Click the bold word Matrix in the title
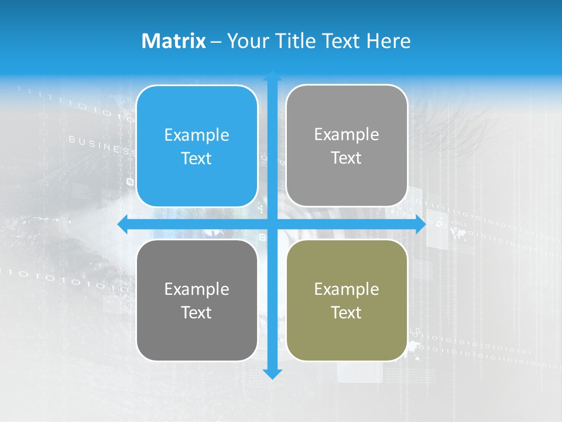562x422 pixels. (173, 41)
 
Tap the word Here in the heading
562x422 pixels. (389, 41)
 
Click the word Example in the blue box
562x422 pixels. (197, 135)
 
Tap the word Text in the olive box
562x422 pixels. (347, 312)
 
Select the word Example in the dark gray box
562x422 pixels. (197, 289)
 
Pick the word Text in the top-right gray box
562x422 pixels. (347, 158)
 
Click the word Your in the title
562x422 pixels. (248, 41)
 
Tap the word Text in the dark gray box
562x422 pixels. (197, 312)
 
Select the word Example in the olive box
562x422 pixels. (347, 289)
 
